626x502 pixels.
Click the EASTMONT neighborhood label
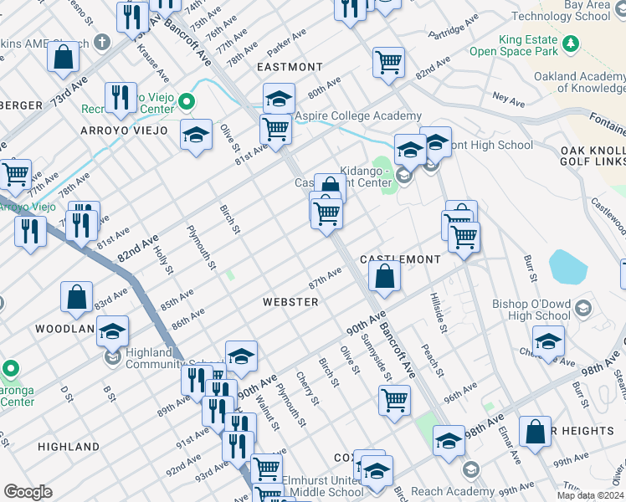pyautogui.click(x=290, y=67)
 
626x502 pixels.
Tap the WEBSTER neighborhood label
pyautogui.click(x=290, y=301)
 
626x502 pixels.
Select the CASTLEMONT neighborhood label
pyautogui.click(x=400, y=259)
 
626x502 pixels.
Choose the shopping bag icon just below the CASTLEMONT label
pyautogui.click(x=384, y=277)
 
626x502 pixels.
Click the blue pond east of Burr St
pyautogui.click(x=567, y=267)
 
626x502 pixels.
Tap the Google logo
pyautogui.click(x=27, y=492)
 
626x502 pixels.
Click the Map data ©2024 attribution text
pyautogui.click(x=589, y=495)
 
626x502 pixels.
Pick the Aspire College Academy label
pyautogui.click(x=368, y=115)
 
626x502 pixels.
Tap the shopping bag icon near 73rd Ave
pyautogui.click(x=63, y=58)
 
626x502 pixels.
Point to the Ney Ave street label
pyautogui.click(x=508, y=97)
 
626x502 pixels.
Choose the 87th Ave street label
pyautogui.click(x=325, y=275)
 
